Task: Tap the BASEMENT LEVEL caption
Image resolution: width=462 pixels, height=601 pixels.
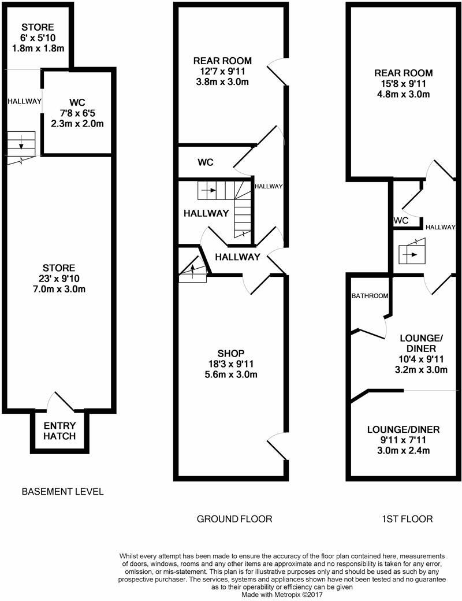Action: point(62,492)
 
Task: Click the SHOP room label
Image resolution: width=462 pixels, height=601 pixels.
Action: point(231,353)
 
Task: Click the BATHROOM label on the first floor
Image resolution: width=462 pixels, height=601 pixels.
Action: point(370,296)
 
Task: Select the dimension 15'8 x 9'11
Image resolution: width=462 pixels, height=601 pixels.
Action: point(404,84)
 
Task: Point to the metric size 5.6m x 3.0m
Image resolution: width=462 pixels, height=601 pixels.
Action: point(231,374)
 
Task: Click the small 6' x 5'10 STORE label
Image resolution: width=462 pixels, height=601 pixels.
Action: point(38,38)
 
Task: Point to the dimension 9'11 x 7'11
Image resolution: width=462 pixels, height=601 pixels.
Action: point(404,440)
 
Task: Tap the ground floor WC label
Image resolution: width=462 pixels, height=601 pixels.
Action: point(206,162)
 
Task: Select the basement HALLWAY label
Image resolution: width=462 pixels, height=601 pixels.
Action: point(24,102)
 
